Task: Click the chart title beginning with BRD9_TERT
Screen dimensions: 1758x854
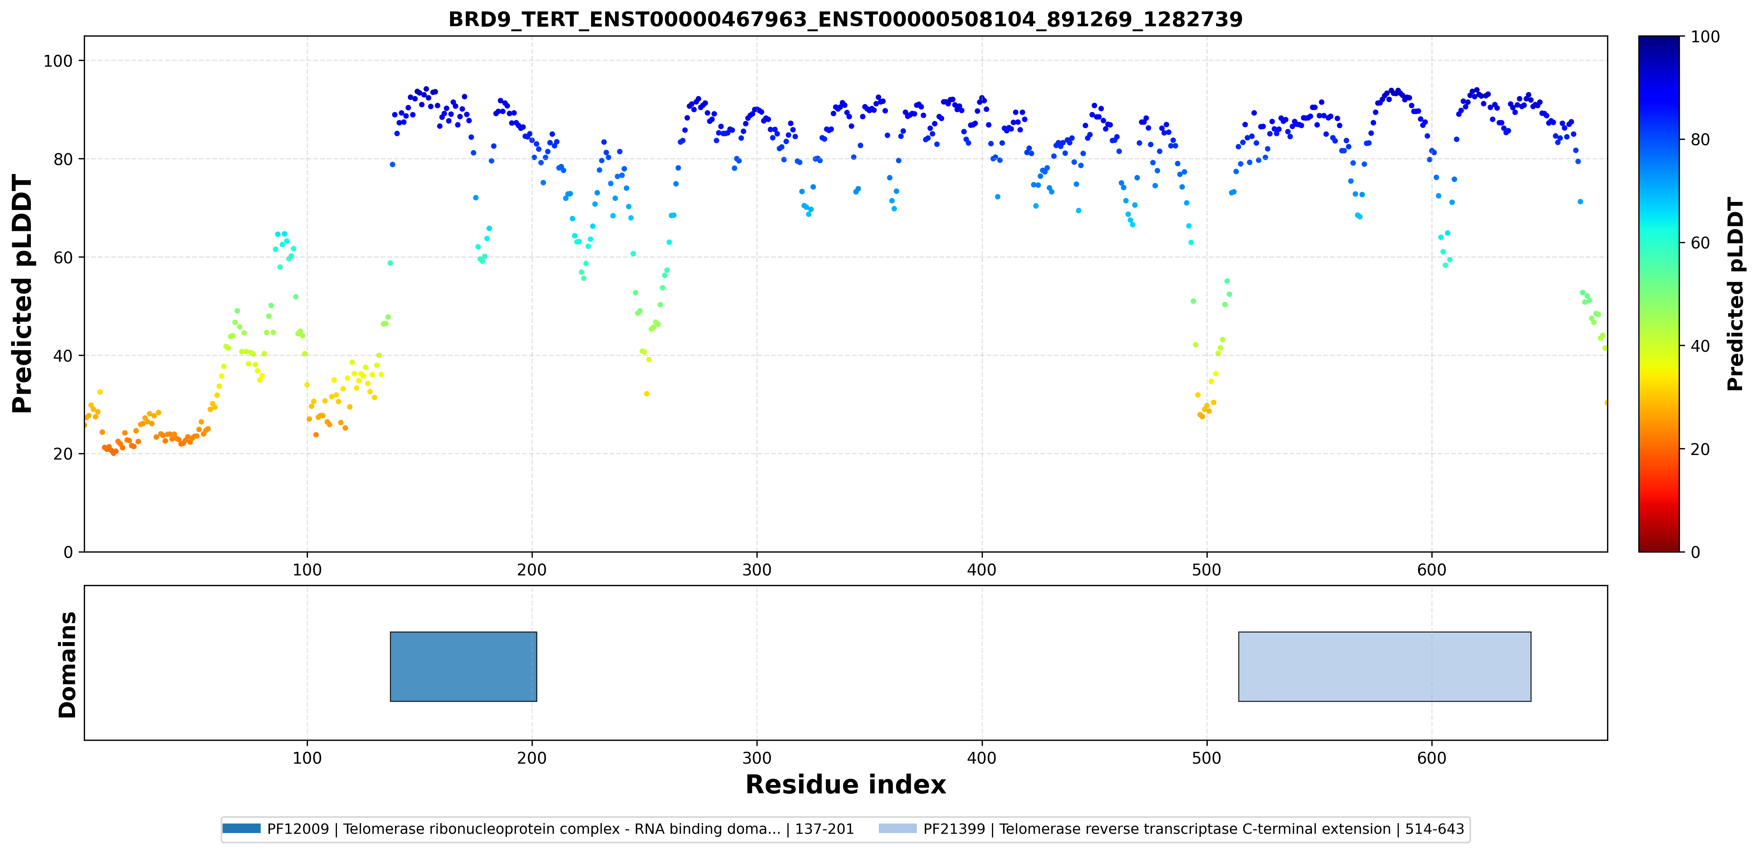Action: pyautogui.click(x=846, y=19)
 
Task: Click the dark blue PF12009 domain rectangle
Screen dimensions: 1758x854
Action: pyautogui.click(x=463, y=666)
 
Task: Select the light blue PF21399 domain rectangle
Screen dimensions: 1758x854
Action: pyautogui.click(x=1385, y=666)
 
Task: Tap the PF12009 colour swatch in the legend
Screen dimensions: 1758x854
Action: pyautogui.click(x=242, y=829)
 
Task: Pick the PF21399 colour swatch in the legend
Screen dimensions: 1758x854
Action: pyautogui.click(x=897, y=829)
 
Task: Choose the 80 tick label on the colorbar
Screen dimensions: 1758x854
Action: pyautogui.click(x=1700, y=140)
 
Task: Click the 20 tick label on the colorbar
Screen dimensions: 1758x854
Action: pyautogui.click(x=1700, y=449)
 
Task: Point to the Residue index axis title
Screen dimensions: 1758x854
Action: pyautogui.click(x=846, y=785)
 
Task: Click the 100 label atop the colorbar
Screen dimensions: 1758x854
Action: pyautogui.click(x=1705, y=37)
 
